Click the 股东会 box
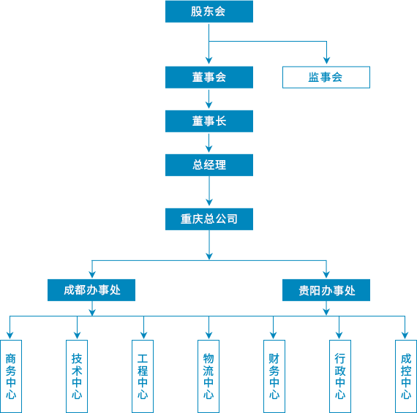209,12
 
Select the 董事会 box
209,77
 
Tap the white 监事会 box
326,77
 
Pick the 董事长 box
209,121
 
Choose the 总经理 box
209,165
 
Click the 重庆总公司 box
209,219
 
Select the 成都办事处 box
91,290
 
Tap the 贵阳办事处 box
326,290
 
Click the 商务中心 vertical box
11,376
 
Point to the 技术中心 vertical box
77,376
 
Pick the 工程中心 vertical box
143,376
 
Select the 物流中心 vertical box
209,376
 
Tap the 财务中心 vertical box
274,376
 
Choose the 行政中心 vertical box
340,376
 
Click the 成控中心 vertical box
406,376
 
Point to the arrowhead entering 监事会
326,61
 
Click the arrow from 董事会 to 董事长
209,99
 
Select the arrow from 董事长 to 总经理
209,143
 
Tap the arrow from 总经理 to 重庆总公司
209,191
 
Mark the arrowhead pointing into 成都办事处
92,275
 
